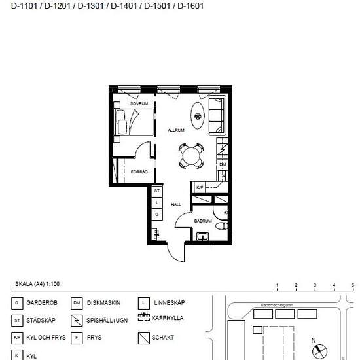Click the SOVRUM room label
pyautogui.click(x=139, y=105)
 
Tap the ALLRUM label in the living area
pyautogui.click(x=175, y=130)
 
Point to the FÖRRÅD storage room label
pyautogui.click(x=139, y=172)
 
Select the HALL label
pyautogui.click(x=176, y=204)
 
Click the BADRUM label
pyautogui.click(x=203, y=221)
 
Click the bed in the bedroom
pyautogui.click(x=134, y=122)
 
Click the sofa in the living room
pyautogui.click(x=217, y=115)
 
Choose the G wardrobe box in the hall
pyautogui.click(x=157, y=214)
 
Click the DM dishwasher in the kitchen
pyautogui.click(x=222, y=164)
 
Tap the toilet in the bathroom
pyautogui.click(x=221, y=226)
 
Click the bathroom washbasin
pyautogui.click(x=202, y=236)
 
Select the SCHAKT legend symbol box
pyautogui.click(x=144, y=338)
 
